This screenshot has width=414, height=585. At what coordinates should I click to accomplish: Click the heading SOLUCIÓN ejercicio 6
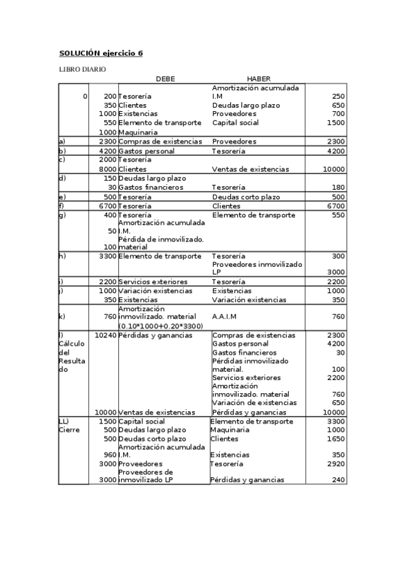point(100,53)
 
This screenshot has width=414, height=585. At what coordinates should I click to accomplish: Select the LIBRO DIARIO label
point(82,70)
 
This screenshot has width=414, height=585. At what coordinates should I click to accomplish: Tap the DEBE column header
point(165,79)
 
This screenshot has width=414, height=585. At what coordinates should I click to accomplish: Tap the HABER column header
point(258,79)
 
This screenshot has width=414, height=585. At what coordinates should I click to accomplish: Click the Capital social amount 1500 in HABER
point(335,123)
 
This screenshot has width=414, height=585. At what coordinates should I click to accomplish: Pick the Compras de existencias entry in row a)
point(160,141)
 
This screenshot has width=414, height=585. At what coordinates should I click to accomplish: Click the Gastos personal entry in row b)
point(147,151)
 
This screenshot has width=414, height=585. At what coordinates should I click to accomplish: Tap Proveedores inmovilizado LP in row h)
point(257,268)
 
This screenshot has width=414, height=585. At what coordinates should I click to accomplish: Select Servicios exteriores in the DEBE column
point(153,281)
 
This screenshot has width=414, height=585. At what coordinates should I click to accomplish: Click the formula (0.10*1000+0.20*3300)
point(160,326)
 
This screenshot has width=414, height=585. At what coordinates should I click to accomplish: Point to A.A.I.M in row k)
point(226,317)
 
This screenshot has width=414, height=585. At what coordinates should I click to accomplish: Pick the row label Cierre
point(69,430)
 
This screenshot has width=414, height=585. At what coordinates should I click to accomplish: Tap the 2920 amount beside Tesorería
point(335,464)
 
